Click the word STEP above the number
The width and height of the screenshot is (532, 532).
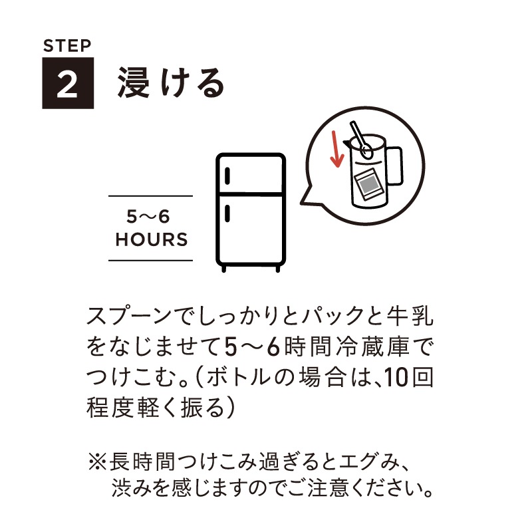66,47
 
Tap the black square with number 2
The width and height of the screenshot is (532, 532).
68,83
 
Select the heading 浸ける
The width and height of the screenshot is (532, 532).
172,83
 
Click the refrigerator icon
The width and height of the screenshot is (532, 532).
251,211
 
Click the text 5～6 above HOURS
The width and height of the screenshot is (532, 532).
151,217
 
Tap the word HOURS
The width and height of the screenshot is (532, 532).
151,239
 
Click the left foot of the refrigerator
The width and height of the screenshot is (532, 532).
225,268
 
